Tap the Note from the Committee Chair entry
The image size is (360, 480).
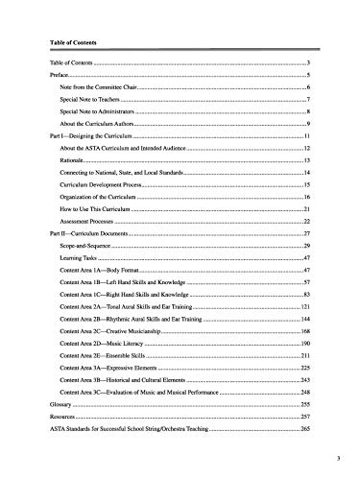[93, 87]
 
